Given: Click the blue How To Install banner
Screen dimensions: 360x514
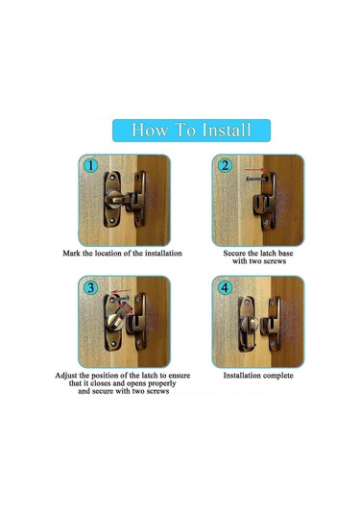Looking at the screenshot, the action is [191, 131].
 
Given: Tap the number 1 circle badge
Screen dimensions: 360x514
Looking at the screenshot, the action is [90, 165].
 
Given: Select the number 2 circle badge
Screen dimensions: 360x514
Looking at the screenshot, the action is [225, 165].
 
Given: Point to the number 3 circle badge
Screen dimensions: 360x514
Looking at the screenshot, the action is [90, 287].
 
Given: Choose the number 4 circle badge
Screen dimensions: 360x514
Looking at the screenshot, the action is [225, 287].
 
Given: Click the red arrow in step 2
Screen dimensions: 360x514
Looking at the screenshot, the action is [256, 170].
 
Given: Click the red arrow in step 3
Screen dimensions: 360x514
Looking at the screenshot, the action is [121, 291].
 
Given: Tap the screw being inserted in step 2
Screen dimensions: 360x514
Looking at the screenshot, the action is [257, 180].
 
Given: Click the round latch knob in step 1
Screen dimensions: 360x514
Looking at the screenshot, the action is [113, 200].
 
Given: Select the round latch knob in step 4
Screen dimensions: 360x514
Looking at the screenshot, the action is [249, 324].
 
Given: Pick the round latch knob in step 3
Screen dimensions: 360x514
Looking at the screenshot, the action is [114, 322].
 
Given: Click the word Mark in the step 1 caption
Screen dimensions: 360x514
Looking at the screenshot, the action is [71, 253].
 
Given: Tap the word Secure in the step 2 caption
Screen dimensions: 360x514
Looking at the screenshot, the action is [235, 253].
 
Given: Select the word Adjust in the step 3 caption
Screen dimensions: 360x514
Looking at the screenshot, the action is [66, 376].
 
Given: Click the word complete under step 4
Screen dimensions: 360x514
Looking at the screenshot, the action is [276, 376].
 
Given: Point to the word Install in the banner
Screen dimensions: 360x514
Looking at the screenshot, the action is [227, 130].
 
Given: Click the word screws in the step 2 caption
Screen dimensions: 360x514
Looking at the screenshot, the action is [274, 261].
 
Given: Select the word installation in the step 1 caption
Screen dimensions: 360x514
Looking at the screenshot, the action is [163, 253].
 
